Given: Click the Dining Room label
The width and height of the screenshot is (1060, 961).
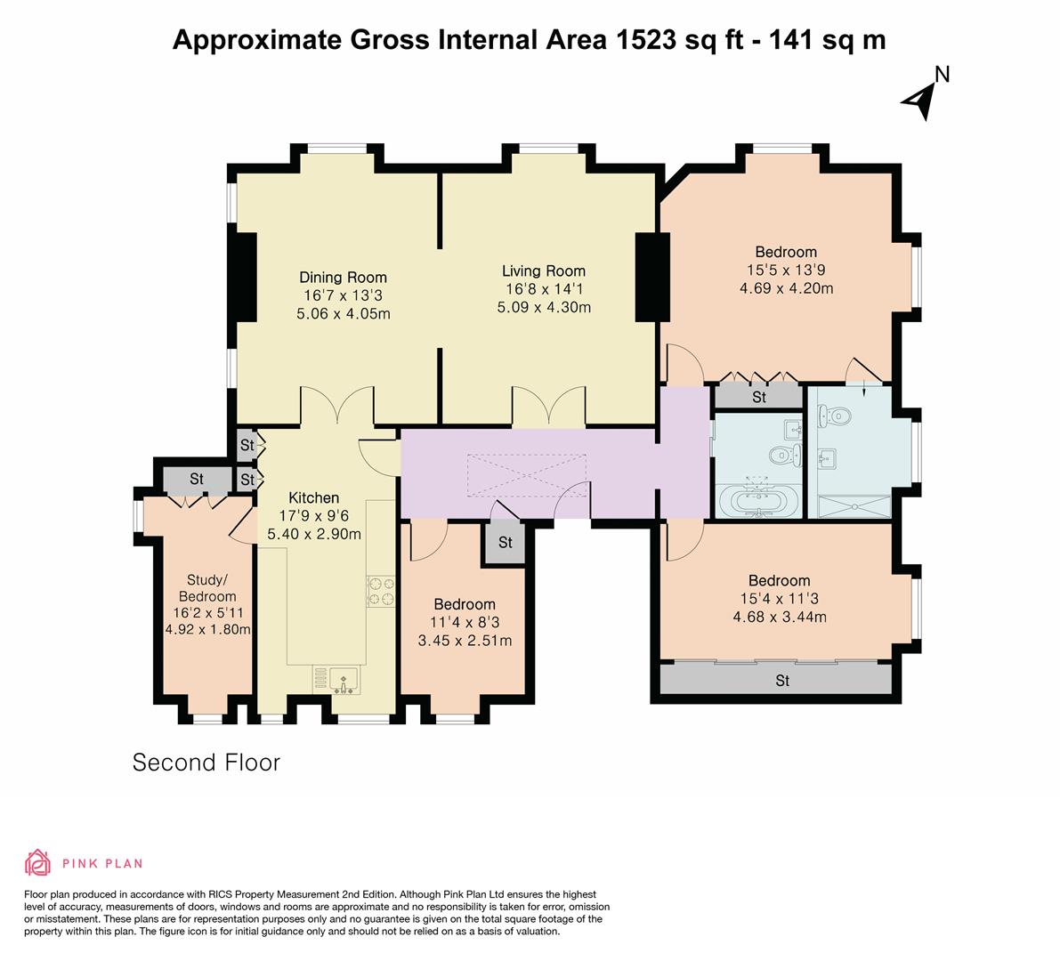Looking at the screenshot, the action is click(x=343, y=277).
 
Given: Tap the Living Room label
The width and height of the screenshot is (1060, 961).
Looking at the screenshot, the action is click(x=544, y=271).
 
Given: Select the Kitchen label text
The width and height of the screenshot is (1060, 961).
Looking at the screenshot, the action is click(x=313, y=498).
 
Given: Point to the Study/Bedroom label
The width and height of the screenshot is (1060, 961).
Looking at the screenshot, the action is click(x=207, y=588).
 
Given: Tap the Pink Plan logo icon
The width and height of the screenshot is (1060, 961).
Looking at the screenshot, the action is click(x=38, y=862).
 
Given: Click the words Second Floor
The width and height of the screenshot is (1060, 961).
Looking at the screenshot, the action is click(x=206, y=763).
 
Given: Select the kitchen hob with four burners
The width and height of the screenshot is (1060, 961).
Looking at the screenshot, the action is click(x=381, y=591).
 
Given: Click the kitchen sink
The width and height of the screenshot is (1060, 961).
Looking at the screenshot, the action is click(x=344, y=680).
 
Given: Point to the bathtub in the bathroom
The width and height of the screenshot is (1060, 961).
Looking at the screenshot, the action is click(x=758, y=501).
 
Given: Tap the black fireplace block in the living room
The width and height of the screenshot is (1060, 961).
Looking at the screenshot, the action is click(x=652, y=277).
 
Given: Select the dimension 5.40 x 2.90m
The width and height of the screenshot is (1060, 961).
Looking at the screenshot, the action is click(x=313, y=534).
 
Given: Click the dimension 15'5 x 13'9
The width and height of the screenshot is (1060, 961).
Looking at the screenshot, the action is click(x=786, y=270).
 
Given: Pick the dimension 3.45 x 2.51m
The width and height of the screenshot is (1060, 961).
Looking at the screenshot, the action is click(x=465, y=640).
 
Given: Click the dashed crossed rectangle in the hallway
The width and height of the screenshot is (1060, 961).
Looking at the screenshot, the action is click(x=527, y=476).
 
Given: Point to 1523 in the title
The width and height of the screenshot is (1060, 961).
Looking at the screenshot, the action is click(x=645, y=40).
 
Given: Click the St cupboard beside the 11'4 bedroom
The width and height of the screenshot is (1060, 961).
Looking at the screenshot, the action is click(x=504, y=543).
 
